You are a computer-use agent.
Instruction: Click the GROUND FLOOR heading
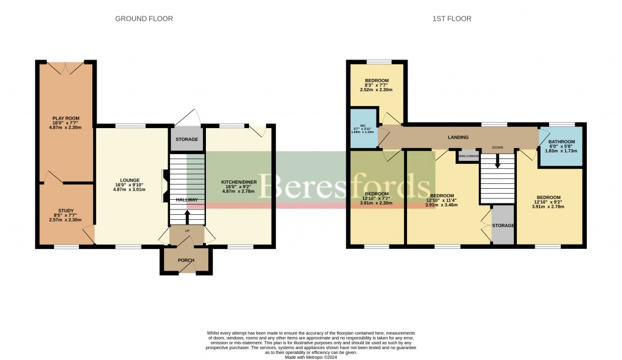click(144, 19)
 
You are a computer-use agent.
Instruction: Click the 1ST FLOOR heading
click(452, 19)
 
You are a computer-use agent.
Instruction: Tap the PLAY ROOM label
click(66, 118)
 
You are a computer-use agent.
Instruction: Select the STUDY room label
click(66, 210)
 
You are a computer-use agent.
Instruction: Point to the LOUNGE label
click(130, 180)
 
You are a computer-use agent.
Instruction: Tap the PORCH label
click(186, 260)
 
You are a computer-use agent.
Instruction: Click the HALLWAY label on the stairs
click(186, 200)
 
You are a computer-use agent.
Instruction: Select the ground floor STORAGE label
click(186, 140)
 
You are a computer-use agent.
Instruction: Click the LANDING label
click(459, 138)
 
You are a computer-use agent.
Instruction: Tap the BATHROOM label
click(562, 142)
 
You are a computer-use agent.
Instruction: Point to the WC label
click(362, 126)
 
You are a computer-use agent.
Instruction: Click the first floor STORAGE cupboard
click(503, 225)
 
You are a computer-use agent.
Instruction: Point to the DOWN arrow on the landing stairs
click(497, 161)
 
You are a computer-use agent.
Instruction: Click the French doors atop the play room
click(66, 68)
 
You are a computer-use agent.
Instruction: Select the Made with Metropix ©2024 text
click(310, 357)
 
